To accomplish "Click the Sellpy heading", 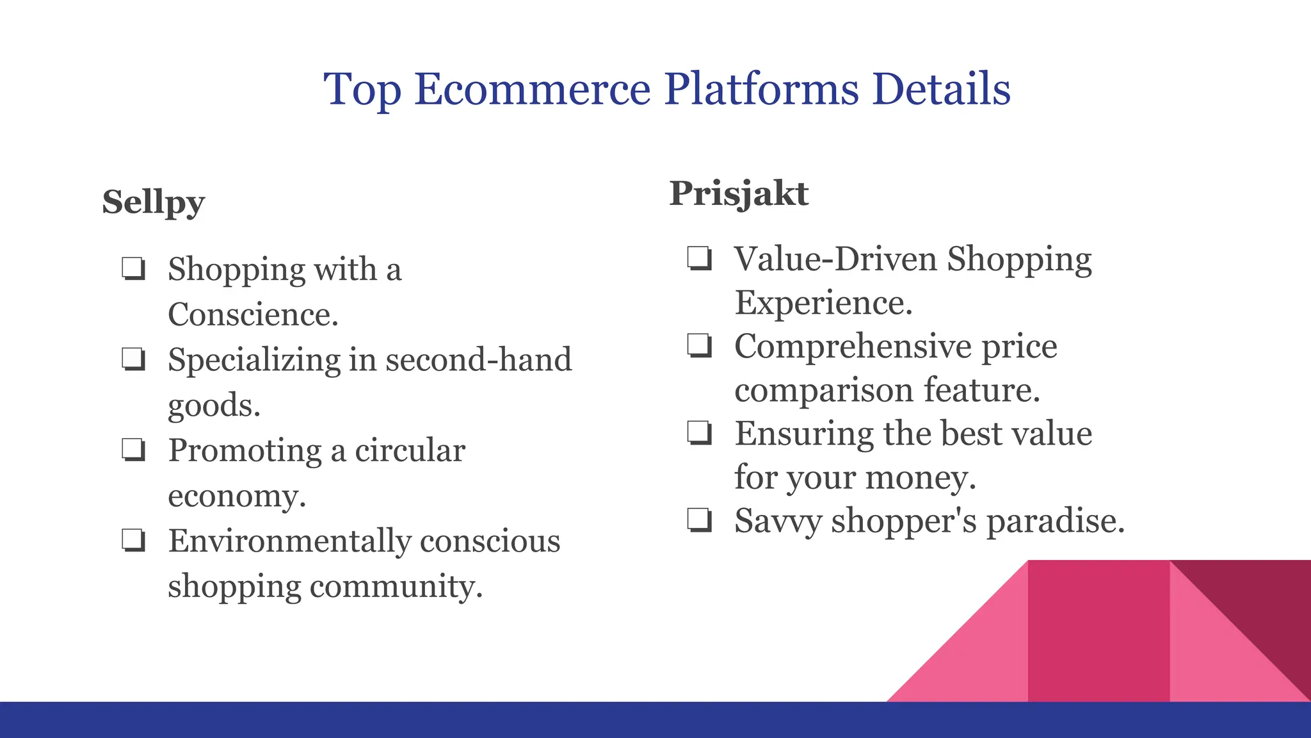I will pos(153,202).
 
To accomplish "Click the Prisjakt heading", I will pos(739,193).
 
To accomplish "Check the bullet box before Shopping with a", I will pos(133,269).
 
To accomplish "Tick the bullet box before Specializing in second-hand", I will pos(133,359).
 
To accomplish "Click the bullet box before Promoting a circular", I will pos(133,450).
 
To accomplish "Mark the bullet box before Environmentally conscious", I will pos(133,541).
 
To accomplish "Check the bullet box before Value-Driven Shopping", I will pos(699,259).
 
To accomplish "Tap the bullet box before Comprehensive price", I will pos(699,346).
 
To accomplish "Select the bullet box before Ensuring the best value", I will pos(699,433).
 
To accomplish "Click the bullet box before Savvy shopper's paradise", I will pos(699,520).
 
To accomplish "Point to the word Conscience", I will pos(252,315).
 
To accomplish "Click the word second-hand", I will pos(478,359).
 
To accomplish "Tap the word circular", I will pos(410,450).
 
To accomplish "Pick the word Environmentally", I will pos(289,541).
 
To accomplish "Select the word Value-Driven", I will pos(835,259).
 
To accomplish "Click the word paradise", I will pos(1055,520).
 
